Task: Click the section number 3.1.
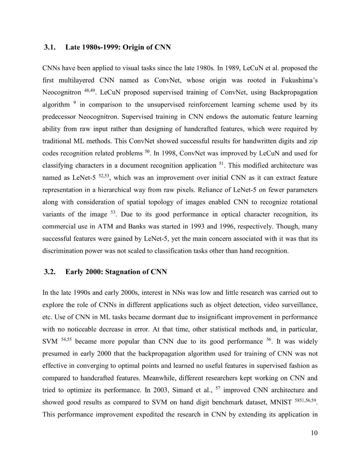coord(49,47)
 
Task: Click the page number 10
coord(314,433)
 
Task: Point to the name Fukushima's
coord(299,80)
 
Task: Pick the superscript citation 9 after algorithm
coord(75,103)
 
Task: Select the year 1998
coord(170,153)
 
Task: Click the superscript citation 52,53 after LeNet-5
coord(104,176)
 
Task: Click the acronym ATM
coord(105,226)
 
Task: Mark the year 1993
coord(198,226)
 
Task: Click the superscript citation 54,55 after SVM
coord(66,340)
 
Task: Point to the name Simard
coord(182,390)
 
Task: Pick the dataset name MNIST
coord(281,403)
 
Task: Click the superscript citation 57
coord(218,388)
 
